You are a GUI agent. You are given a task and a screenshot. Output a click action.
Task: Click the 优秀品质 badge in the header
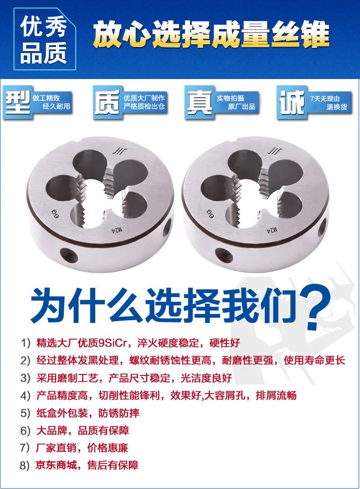click(x=45, y=39)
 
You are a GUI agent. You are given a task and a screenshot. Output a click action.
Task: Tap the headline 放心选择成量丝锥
click(x=211, y=34)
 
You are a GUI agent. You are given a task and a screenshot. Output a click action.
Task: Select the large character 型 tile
click(x=18, y=102)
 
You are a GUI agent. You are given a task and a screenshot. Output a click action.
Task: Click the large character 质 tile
click(x=108, y=102)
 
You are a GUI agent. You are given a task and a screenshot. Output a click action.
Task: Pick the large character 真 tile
click(x=199, y=102)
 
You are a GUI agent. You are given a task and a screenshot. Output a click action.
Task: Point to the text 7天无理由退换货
click(x=328, y=103)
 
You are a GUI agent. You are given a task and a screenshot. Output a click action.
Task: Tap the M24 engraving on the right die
click(x=272, y=230)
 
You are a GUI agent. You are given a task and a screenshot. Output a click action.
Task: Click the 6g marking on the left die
click(x=55, y=214)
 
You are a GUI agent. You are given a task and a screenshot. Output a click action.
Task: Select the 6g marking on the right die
click(x=210, y=213)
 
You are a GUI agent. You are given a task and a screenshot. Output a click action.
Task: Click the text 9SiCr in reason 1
click(x=113, y=343)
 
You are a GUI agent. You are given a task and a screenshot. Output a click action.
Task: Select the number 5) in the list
click(x=25, y=414)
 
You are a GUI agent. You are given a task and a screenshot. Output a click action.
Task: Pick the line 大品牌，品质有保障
click(x=82, y=431)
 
